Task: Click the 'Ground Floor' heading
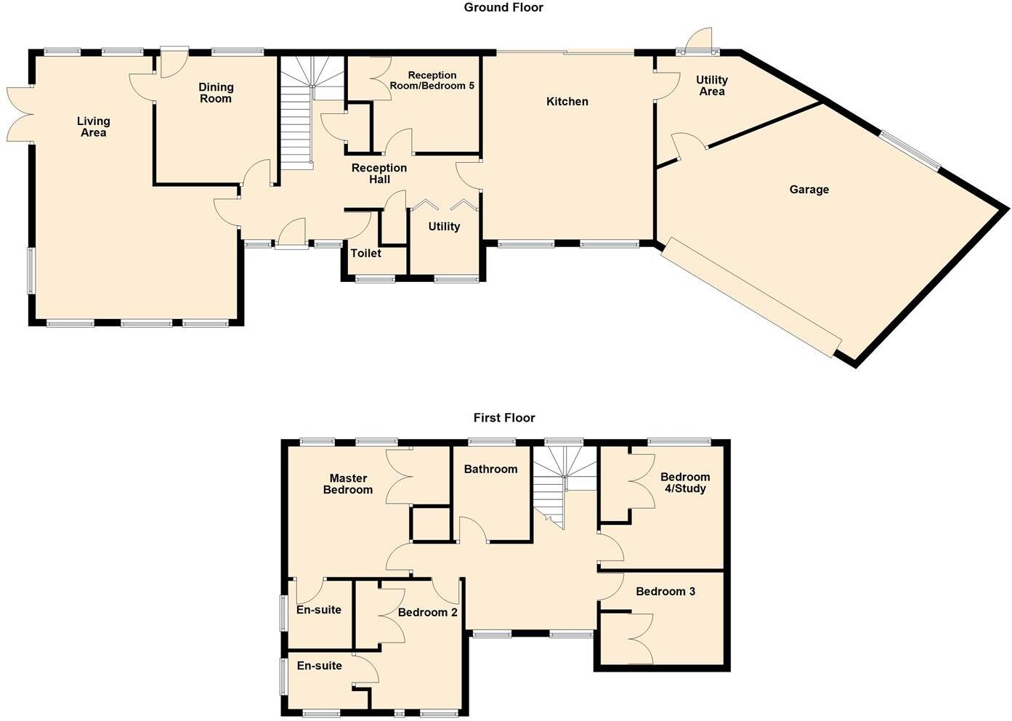[503, 8]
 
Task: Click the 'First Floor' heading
[503, 418]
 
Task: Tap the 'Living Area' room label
[93, 127]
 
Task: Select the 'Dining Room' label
[216, 93]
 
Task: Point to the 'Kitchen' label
[567, 102]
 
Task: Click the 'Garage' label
[809, 190]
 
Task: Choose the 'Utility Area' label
[711, 86]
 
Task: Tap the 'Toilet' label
[365, 254]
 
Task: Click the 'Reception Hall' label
[379, 174]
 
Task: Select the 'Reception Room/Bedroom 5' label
[432, 81]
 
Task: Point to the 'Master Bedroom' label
[348, 484]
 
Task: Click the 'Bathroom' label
[490, 470]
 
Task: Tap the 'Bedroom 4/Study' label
[684, 483]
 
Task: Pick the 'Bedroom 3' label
[665, 592]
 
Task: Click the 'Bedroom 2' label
[427, 613]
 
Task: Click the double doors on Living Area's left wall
[20, 114]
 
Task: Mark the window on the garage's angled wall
[910, 150]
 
